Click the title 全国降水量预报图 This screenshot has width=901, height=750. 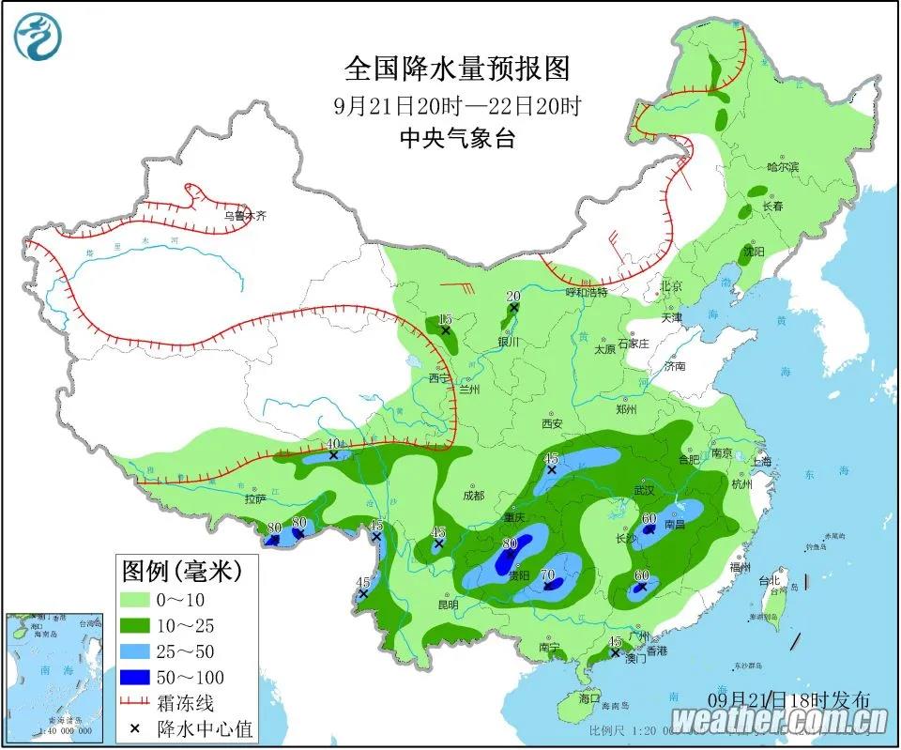point(457,69)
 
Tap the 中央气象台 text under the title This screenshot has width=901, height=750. point(457,139)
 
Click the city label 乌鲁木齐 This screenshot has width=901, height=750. point(245,216)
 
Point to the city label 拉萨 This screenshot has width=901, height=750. point(255,499)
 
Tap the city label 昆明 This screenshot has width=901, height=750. point(448,604)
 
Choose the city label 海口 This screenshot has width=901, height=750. point(588,698)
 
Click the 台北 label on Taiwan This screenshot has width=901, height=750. point(770,580)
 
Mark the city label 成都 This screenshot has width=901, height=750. point(473,495)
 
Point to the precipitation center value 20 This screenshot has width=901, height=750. point(513,296)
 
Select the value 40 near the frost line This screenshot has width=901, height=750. point(331,444)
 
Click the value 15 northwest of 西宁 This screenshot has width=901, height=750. point(445,319)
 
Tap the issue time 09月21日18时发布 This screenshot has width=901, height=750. point(788,699)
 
